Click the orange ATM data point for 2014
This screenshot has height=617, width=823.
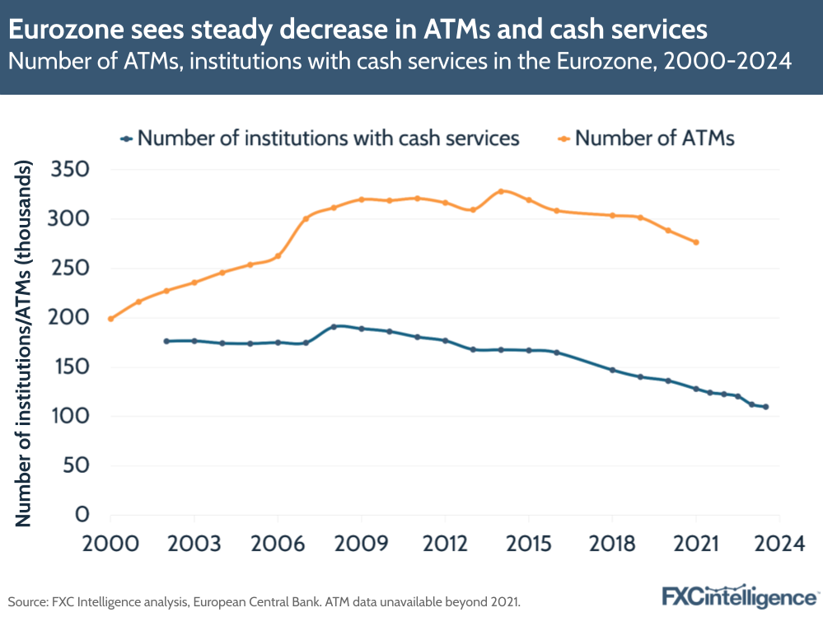[x=500, y=191]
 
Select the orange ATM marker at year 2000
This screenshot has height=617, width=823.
[x=110, y=319]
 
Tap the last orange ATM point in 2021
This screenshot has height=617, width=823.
[x=696, y=242]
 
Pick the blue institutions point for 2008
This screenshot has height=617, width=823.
[x=334, y=326]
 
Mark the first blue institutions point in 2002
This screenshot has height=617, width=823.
[x=166, y=341]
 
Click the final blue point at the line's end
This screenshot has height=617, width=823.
[x=765, y=407]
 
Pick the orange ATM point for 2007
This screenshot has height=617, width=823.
[x=306, y=218]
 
